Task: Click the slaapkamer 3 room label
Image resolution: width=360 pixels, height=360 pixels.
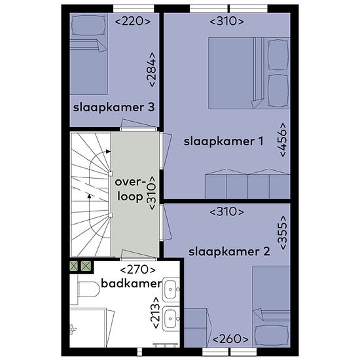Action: tap(114, 107)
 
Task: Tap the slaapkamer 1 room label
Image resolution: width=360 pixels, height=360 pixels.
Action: tap(223, 141)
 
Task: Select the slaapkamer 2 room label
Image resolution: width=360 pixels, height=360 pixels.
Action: tap(229, 251)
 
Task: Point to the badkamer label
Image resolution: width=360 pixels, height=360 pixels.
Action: tap(132, 283)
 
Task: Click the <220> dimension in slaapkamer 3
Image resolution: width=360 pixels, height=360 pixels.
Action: tap(132, 22)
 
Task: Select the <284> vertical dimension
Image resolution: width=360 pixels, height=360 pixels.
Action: tap(151, 70)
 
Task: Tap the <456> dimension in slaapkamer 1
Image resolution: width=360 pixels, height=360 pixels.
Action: tap(283, 140)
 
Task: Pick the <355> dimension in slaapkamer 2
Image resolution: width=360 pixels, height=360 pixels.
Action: tap(283, 232)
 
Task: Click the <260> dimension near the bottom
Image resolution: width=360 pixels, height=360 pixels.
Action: tap(230, 339)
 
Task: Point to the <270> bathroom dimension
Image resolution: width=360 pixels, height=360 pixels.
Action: tap(137, 270)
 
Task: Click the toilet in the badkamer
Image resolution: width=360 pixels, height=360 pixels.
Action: tap(88, 289)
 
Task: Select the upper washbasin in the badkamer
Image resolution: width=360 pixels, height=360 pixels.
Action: tap(171, 289)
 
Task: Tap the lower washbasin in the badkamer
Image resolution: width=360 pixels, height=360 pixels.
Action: tap(171, 319)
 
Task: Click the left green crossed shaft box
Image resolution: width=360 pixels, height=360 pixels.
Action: tap(74, 266)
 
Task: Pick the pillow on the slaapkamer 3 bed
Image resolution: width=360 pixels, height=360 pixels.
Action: tap(88, 26)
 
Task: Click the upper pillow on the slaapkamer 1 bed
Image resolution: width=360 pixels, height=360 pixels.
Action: tap(278, 54)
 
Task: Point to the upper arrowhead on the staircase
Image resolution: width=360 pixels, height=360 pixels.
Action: tap(108, 151)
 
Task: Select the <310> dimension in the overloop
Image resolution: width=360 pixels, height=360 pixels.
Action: tap(152, 193)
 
